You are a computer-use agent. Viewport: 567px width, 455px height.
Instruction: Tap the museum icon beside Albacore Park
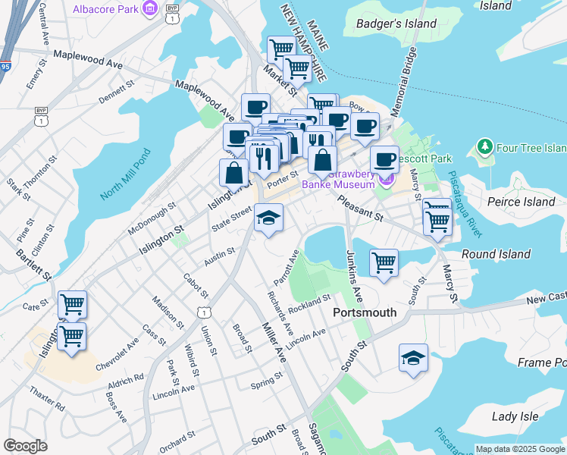pos(150,9)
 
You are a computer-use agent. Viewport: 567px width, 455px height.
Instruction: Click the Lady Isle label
pos(515,416)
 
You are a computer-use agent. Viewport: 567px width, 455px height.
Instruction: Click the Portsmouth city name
pos(365,312)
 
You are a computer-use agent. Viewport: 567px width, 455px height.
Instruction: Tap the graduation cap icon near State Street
pos(268,218)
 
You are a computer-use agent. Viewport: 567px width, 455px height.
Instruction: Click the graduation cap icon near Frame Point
pos(413,358)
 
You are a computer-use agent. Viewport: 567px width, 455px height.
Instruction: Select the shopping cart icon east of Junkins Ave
pos(384,263)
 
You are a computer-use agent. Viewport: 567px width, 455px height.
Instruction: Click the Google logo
pos(25,445)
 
